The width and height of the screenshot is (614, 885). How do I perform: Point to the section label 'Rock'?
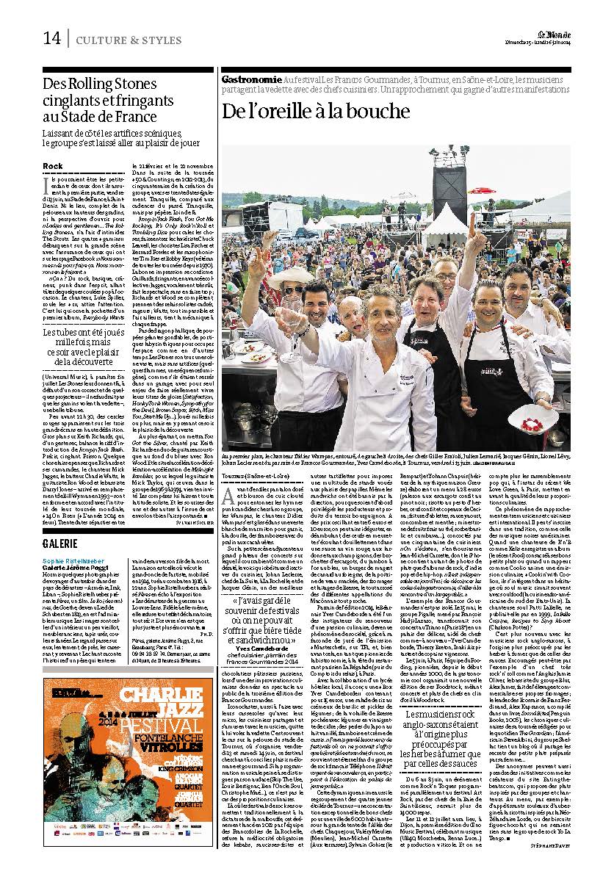point(53,167)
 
